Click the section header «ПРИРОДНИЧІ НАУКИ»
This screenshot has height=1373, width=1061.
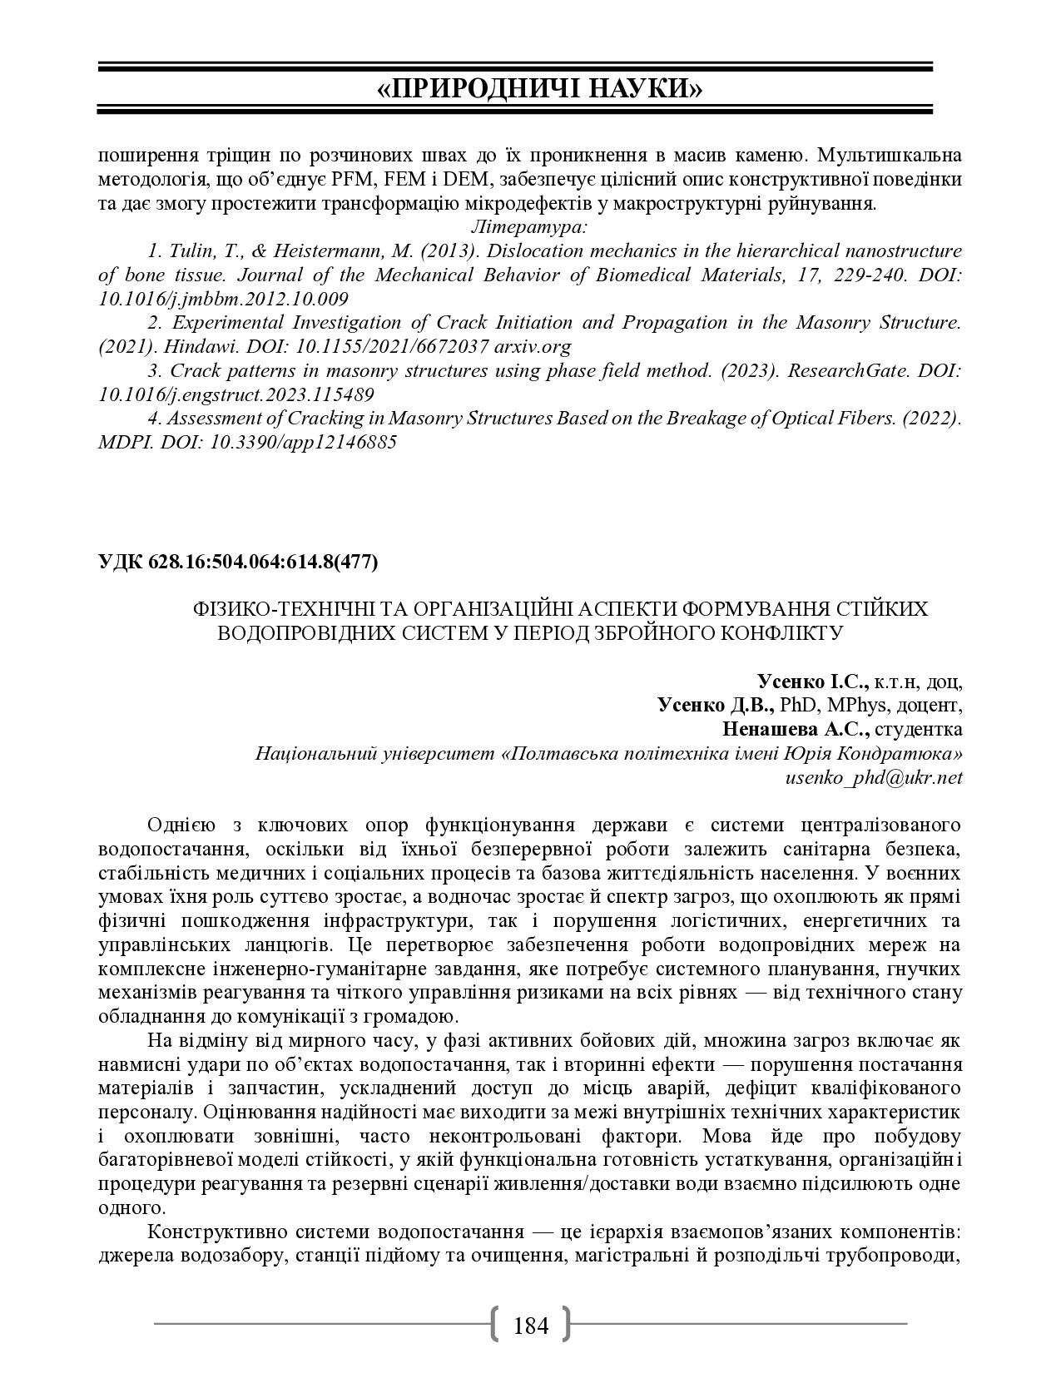point(530,88)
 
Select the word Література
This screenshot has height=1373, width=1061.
point(529,226)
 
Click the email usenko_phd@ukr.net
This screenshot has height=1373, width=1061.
point(874,778)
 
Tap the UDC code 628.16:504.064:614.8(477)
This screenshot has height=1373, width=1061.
point(262,562)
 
